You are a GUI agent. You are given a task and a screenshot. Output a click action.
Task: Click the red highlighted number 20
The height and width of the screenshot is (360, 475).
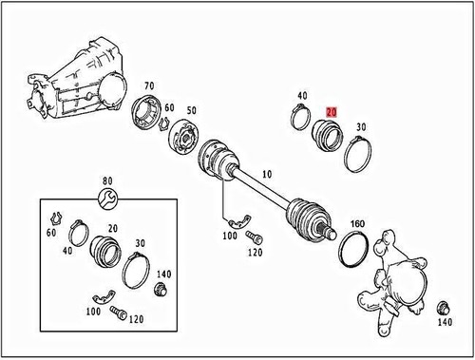pyautogui.click(x=332, y=111)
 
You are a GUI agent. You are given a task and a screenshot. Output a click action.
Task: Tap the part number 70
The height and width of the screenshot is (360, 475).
pyautogui.click(x=149, y=87)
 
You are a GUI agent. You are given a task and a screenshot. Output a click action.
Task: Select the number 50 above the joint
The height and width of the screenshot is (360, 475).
pyautogui.click(x=193, y=111)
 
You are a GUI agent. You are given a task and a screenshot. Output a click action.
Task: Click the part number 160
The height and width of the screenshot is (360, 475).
pyautogui.click(x=358, y=225)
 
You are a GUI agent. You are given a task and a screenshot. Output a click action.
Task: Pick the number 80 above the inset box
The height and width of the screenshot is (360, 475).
pyautogui.click(x=107, y=180)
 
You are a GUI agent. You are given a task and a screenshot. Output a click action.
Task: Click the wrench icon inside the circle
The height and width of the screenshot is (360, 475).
pyautogui.click(x=107, y=198)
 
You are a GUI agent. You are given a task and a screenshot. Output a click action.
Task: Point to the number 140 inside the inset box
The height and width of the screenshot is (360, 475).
pyautogui.click(x=164, y=274)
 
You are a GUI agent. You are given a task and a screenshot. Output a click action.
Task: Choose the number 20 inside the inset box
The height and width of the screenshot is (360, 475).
pyautogui.click(x=113, y=228)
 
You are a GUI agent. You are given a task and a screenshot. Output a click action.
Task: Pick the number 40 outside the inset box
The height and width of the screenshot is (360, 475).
pyautogui.click(x=303, y=96)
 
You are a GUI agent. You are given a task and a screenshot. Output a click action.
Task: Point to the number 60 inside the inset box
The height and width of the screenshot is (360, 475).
pyautogui.click(x=50, y=233)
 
